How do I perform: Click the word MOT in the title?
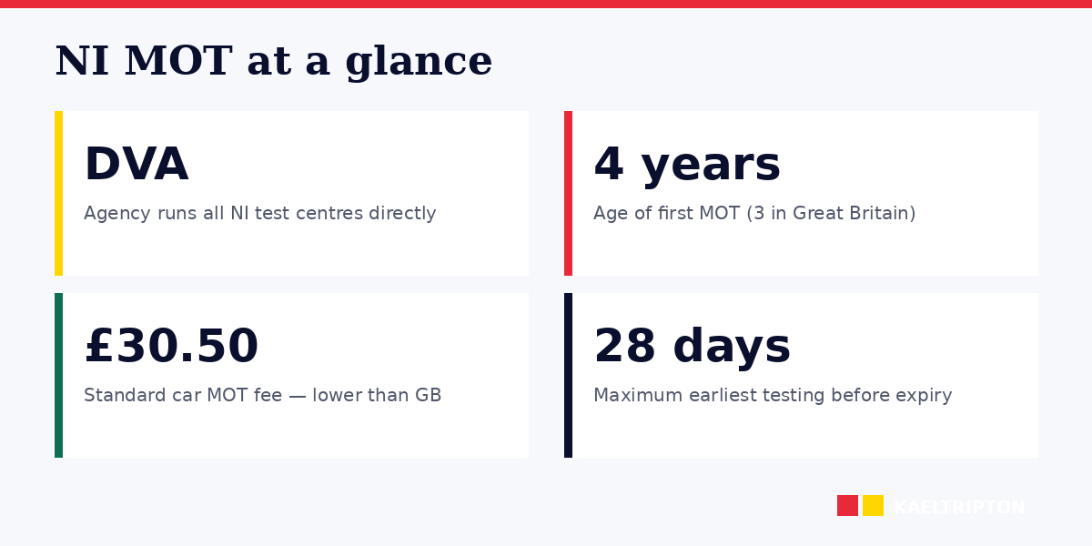[177, 62]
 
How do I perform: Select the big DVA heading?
[136, 166]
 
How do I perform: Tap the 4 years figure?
[686, 166]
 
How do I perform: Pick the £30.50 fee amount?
[171, 348]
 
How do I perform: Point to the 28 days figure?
[692, 348]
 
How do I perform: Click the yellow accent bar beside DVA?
[58, 193]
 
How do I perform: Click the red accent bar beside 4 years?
[568, 193]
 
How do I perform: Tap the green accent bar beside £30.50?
[58, 375]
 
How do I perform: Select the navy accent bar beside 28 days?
[568, 375]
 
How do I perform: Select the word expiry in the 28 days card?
[925, 396]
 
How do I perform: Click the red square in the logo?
[847, 506]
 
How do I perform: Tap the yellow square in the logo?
[873, 506]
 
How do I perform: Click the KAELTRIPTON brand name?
[959, 508]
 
